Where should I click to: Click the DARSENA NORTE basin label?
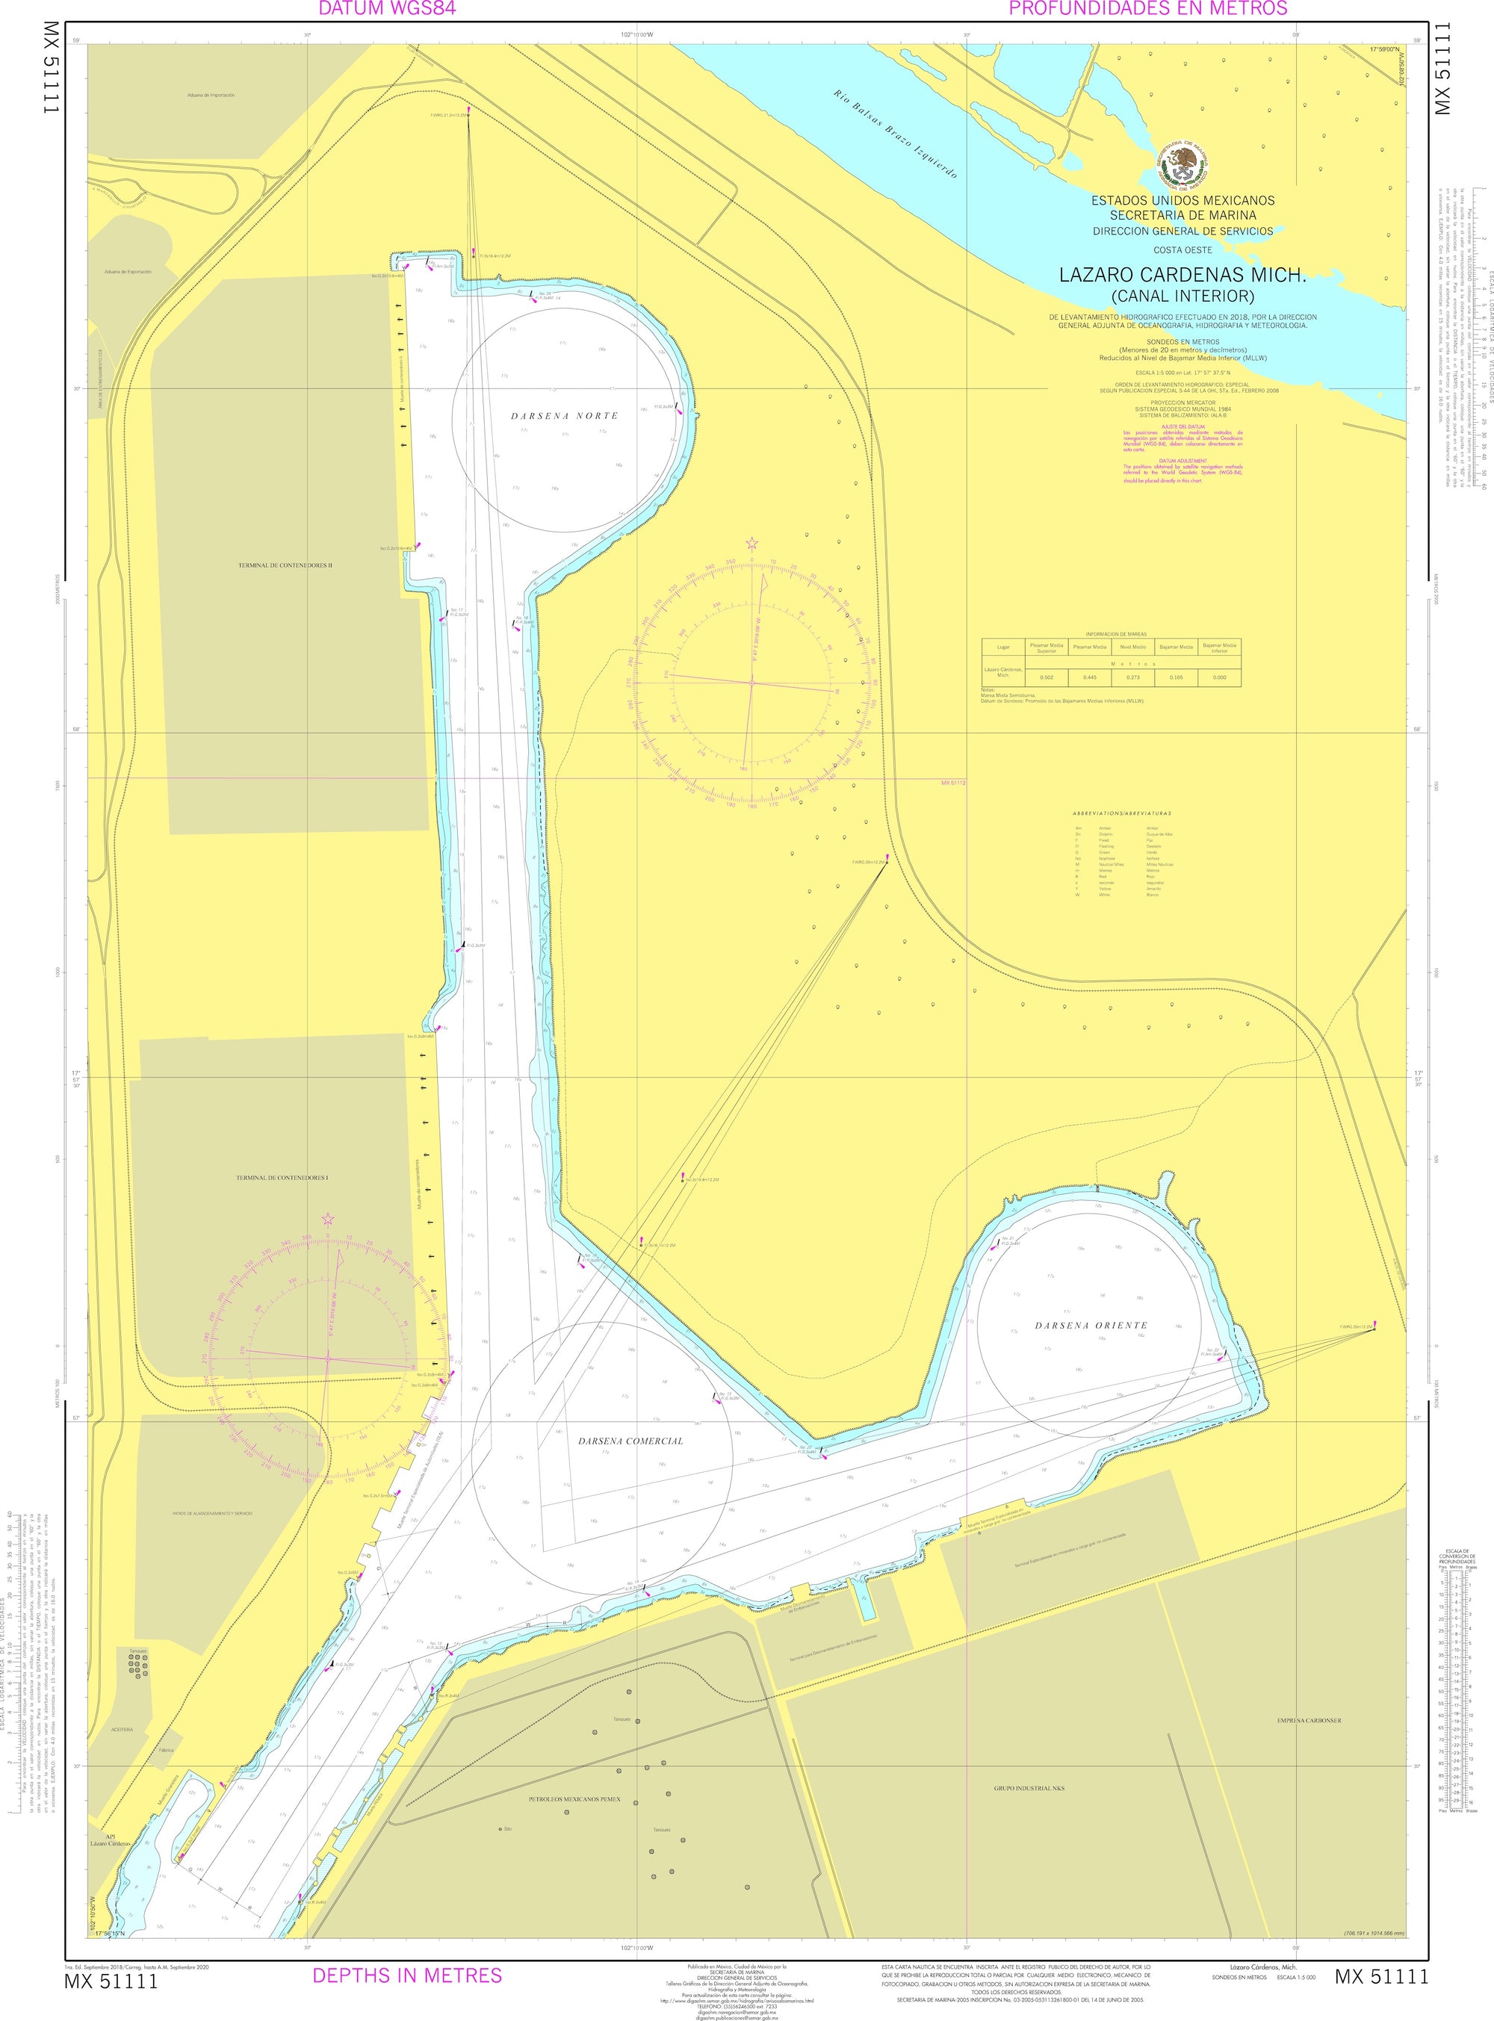(x=564, y=416)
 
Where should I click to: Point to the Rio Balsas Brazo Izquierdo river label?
(x=896, y=134)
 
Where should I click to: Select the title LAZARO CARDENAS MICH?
(x=1183, y=274)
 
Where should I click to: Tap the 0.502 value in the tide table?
(x=1047, y=677)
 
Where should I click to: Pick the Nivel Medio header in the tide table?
(x=1132, y=647)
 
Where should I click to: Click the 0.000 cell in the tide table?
(x=1219, y=677)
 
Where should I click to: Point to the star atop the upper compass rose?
(x=751, y=544)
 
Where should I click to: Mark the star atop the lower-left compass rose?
(x=327, y=1220)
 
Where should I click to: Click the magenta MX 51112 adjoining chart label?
(x=953, y=782)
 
